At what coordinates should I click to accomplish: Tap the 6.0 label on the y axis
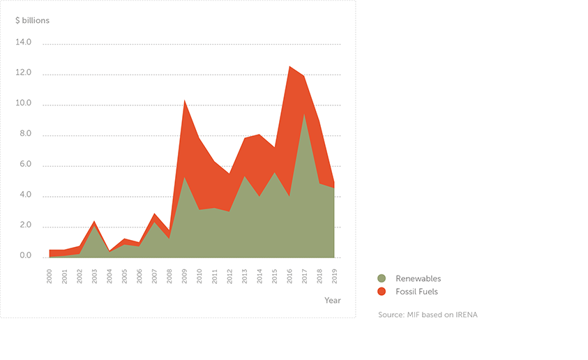25,165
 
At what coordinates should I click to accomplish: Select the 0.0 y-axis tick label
25,256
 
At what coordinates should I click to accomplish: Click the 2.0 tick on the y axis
25,225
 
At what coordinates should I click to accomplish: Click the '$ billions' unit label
32,20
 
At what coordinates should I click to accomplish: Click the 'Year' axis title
332,300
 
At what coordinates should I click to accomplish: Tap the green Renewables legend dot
382,278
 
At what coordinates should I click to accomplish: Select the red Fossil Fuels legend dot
382,292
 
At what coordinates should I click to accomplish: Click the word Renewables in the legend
418,278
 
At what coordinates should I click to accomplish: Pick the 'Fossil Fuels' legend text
416,292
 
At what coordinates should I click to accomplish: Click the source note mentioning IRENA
428,315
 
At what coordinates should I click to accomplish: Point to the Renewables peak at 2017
305,114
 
